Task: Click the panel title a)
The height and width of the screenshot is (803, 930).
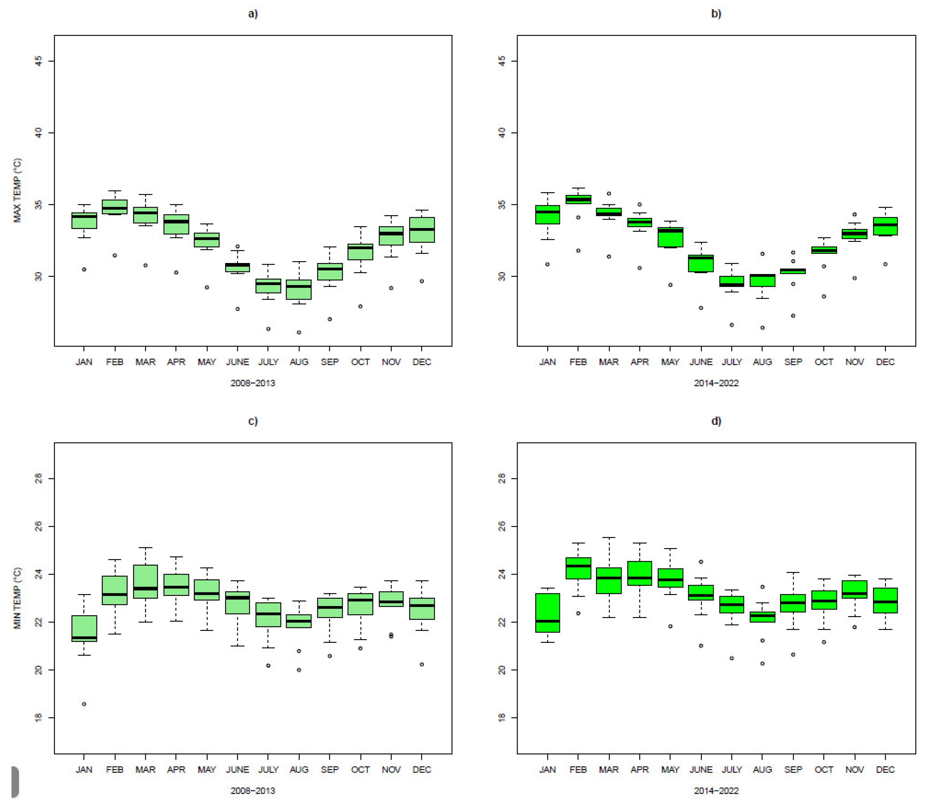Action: [253, 14]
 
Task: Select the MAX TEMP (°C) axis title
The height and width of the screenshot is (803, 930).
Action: [17, 190]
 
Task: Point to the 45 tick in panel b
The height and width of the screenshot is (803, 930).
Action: [502, 61]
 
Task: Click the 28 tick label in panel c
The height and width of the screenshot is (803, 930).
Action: [39, 479]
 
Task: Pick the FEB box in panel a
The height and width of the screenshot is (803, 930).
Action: [115, 207]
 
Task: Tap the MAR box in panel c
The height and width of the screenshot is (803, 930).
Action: [145, 581]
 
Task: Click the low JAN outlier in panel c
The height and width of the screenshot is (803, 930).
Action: [84, 704]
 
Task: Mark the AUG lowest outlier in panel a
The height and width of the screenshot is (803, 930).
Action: [299, 332]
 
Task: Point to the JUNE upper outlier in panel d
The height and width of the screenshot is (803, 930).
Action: [701, 562]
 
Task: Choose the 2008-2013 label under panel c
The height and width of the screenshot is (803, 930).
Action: [253, 791]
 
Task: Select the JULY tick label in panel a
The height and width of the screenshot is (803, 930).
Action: [269, 362]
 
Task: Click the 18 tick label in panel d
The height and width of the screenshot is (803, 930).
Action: [502, 718]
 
